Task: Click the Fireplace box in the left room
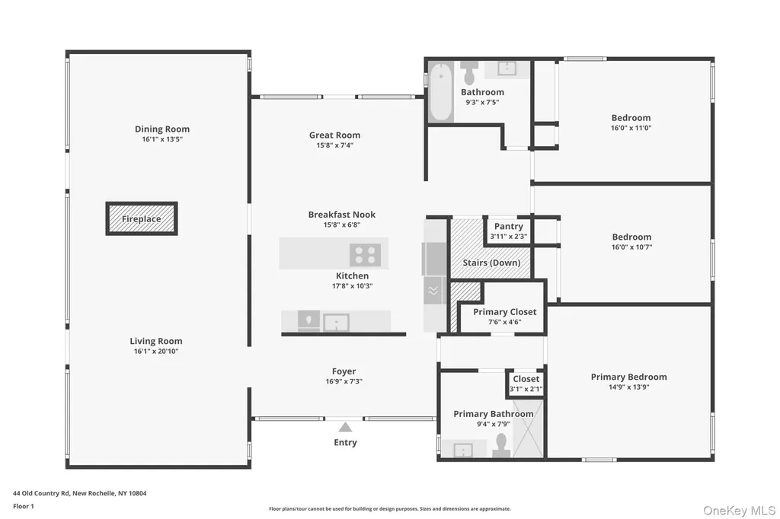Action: click(x=142, y=218)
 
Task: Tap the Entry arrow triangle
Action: click(x=345, y=428)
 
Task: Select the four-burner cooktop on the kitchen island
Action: click(x=365, y=255)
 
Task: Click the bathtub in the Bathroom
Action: click(x=441, y=92)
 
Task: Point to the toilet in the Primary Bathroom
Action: click(x=501, y=445)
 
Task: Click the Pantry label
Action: click(x=508, y=226)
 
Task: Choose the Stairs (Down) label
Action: click(x=491, y=263)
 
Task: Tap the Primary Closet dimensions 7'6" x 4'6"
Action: click(x=504, y=322)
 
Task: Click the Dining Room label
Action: click(x=162, y=129)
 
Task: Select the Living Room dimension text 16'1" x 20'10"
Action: click(x=156, y=351)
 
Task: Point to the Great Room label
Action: click(x=335, y=135)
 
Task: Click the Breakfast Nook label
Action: click(x=342, y=215)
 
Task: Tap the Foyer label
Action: click(x=344, y=371)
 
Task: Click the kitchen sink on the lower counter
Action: click(x=336, y=323)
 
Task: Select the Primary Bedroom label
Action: click(x=628, y=377)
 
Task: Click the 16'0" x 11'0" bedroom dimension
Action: click(x=631, y=128)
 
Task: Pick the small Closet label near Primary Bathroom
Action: click(x=526, y=379)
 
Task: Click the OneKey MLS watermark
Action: click(x=739, y=511)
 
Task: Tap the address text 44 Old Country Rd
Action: click(x=42, y=494)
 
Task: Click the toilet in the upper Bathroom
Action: click(x=469, y=72)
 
